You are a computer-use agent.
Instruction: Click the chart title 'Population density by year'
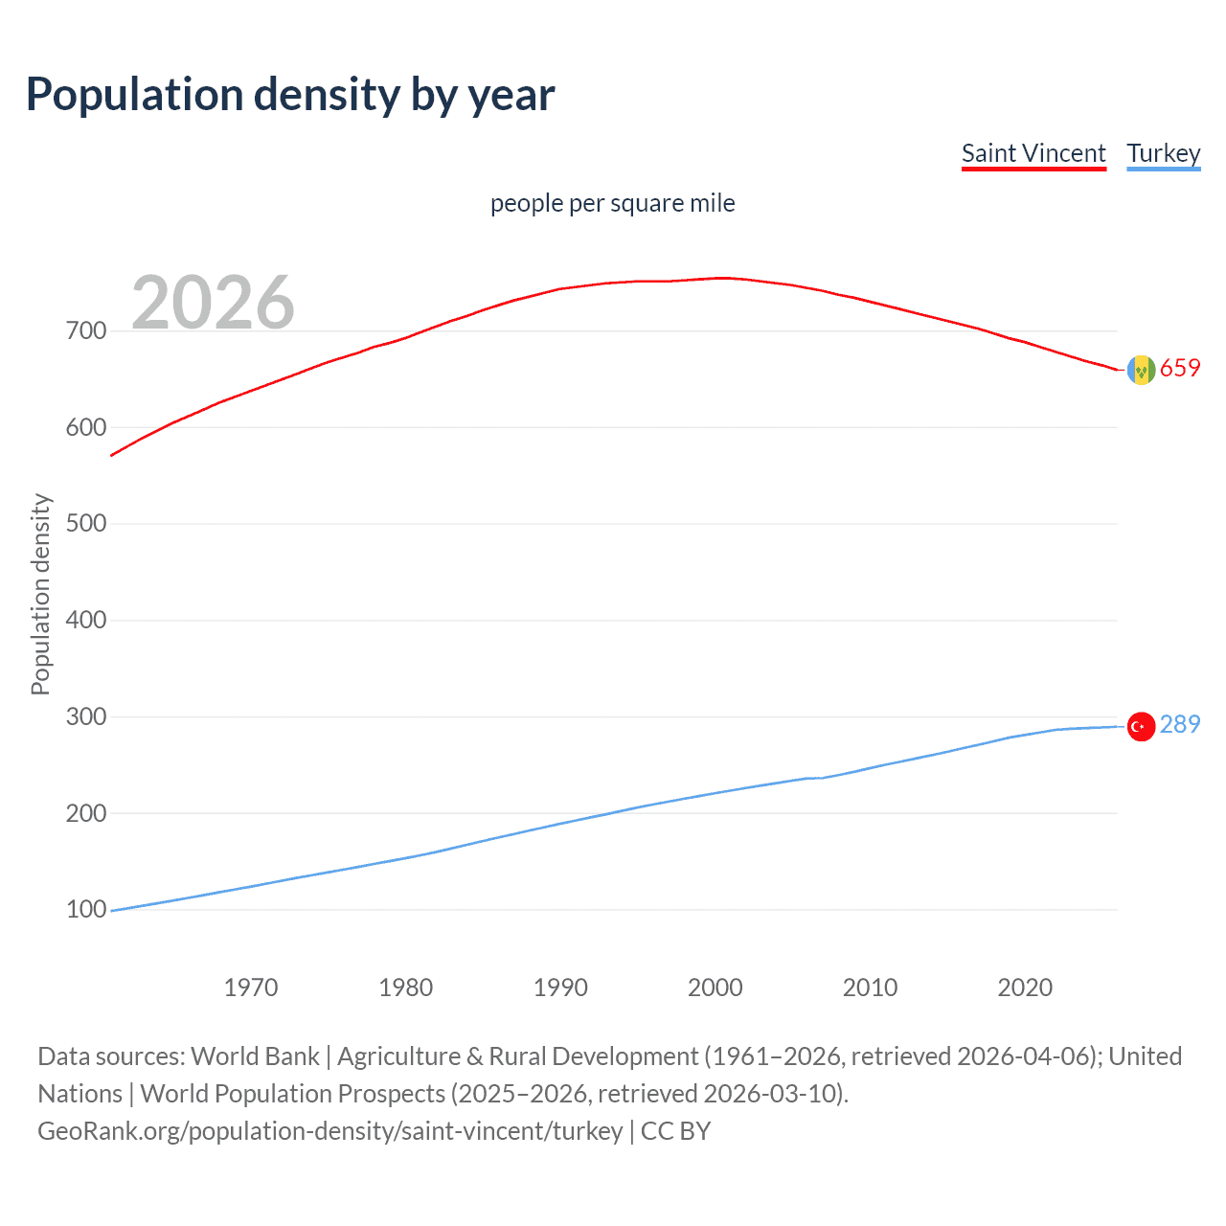click(x=290, y=95)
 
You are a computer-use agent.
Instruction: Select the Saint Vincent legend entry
click(x=1033, y=153)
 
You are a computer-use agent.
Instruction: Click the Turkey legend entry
click(x=1163, y=153)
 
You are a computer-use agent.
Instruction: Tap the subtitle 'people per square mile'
click(x=612, y=203)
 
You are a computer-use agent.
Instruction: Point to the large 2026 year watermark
click(x=213, y=303)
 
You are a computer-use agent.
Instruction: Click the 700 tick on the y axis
click(x=86, y=331)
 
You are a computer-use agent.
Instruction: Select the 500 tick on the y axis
click(x=86, y=524)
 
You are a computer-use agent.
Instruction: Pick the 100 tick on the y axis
click(x=86, y=909)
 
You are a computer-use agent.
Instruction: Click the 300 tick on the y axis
click(x=86, y=716)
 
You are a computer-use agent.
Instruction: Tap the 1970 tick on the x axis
click(x=251, y=988)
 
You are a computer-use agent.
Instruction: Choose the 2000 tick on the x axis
click(x=715, y=988)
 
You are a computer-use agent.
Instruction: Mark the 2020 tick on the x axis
click(x=1025, y=988)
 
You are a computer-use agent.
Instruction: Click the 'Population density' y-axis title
click(x=40, y=594)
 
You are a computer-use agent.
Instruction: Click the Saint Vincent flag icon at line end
click(x=1141, y=370)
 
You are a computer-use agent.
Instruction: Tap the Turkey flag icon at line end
click(x=1141, y=727)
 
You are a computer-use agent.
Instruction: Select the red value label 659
click(x=1180, y=369)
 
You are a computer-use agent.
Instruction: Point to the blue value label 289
click(x=1180, y=725)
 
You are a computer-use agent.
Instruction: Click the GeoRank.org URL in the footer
click(x=329, y=1131)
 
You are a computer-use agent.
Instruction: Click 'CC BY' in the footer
click(x=676, y=1131)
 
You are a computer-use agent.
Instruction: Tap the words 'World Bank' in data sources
click(x=255, y=1056)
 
